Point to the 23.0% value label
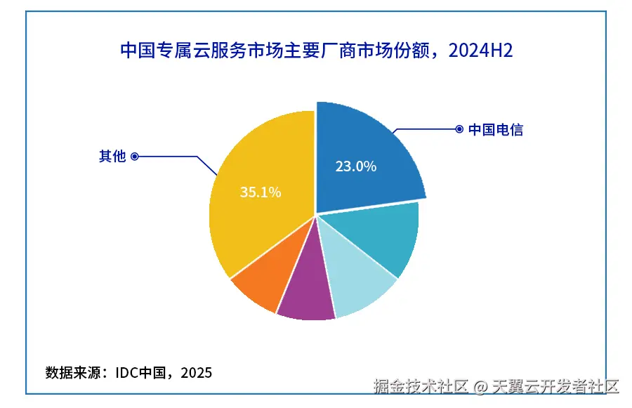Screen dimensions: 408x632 [x=355, y=166]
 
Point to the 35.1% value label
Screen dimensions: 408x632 [x=261, y=192]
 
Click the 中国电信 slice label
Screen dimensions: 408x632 [x=496, y=129]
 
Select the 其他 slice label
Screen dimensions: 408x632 [x=112, y=156]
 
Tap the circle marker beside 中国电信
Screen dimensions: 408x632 [x=459, y=129]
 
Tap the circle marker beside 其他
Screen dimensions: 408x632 [x=135, y=156]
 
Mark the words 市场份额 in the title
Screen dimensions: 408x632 [x=390, y=51]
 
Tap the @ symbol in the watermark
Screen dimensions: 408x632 [x=480, y=386]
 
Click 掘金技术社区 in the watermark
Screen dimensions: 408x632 [x=421, y=386]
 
